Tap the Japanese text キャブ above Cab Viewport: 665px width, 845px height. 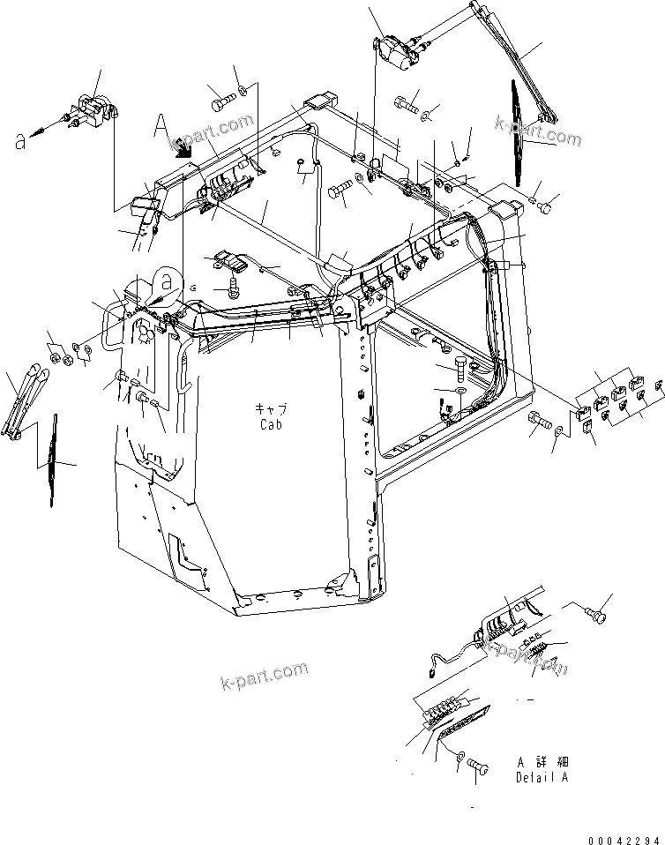pos(271,409)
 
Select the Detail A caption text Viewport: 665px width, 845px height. pos(542,778)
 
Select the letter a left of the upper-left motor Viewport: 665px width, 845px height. pos(20,139)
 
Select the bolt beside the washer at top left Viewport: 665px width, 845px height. pos(220,101)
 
